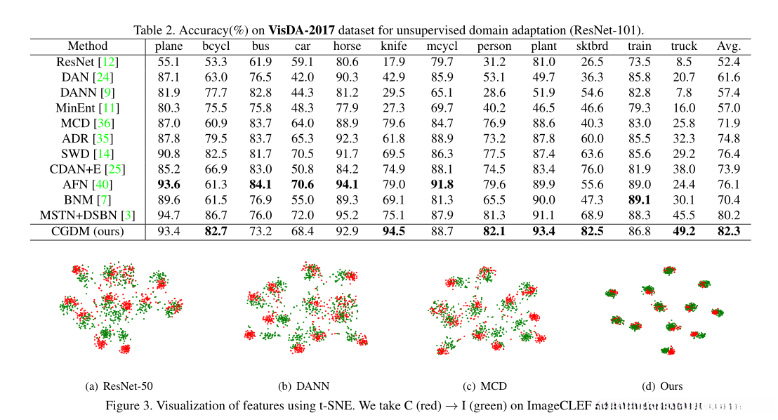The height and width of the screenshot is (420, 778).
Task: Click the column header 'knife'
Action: pyautogui.click(x=393, y=46)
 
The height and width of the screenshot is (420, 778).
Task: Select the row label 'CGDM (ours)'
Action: pyautogui.click(x=88, y=231)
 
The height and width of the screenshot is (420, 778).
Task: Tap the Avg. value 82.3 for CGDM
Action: pyautogui.click(x=728, y=231)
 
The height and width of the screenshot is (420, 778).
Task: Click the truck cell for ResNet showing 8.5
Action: pyautogui.click(x=683, y=62)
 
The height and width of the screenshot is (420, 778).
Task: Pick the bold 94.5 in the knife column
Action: pyautogui.click(x=393, y=231)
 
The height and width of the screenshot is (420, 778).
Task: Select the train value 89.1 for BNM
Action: pyautogui.click(x=639, y=200)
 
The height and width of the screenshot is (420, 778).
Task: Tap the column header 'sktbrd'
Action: pyautogui.click(x=592, y=46)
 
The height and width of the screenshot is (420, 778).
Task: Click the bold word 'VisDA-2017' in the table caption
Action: pyautogui.click(x=304, y=31)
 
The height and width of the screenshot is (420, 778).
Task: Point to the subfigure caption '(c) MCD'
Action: pyautogui.click(x=484, y=386)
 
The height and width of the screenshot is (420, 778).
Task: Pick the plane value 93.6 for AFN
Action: pyautogui.click(x=169, y=185)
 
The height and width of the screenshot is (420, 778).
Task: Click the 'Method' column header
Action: pyautogui.click(x=88, y=46)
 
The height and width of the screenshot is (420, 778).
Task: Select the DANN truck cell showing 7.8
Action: pyautogui.click(x=683, y=93)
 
